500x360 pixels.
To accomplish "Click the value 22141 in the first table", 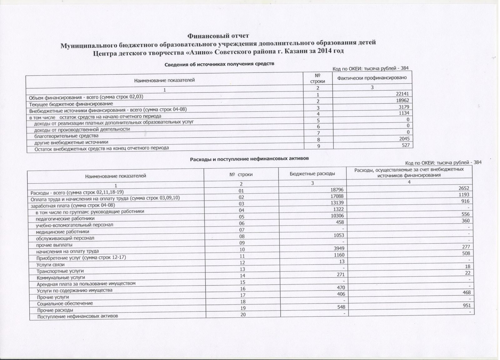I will [402, 94].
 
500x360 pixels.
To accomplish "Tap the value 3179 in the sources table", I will [403, 107].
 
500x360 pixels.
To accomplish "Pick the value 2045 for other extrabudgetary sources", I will [403, 139].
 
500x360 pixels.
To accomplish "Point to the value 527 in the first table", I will [405, 145].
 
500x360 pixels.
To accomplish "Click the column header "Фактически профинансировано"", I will [372, 78].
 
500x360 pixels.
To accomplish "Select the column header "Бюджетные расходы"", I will [312, 174].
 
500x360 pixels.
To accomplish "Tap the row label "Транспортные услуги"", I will [60, 271].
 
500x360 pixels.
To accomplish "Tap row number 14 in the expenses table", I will [242, 276].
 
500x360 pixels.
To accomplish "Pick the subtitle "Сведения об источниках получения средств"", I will [219, 64].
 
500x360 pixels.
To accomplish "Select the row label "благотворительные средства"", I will [66, 136].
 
